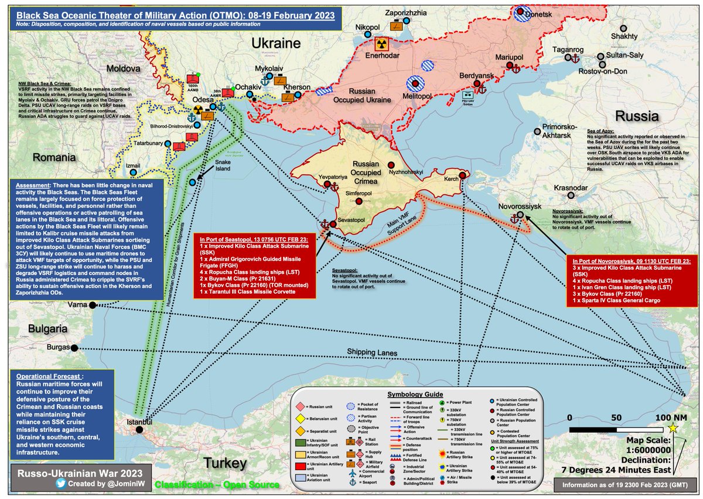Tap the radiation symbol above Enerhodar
tap(381, 44)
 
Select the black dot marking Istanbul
tap(139, 430)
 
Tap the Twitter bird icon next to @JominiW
tap(61, 484)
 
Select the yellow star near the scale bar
tap(673, 429)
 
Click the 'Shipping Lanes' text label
tap(373, 352)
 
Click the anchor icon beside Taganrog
tap(574, 59)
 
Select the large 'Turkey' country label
tap(225, 463)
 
